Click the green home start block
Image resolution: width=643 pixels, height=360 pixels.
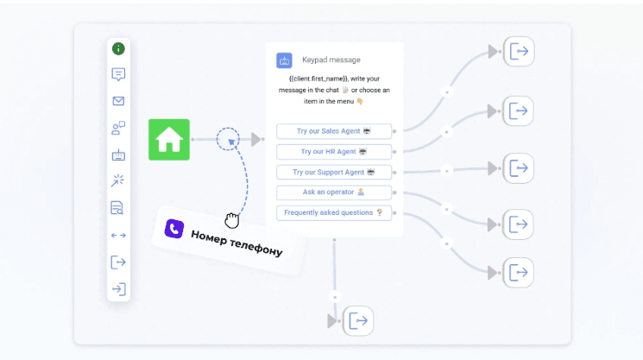click(169, 139)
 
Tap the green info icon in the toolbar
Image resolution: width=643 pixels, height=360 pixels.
click(118, 49)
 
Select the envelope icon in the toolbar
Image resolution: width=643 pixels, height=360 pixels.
click(118, 101)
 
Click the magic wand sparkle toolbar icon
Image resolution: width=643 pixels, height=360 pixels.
click(117, 180)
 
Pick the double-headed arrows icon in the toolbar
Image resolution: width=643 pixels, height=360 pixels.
click(118, 236)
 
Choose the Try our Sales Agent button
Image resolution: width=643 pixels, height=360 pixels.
click(334, 131)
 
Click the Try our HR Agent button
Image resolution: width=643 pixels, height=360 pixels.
click(334, 152)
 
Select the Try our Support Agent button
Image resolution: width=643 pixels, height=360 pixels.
click(334, 172)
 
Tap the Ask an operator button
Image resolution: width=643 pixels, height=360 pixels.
click(334, 193)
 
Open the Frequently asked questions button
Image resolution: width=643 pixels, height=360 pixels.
click(334, 212)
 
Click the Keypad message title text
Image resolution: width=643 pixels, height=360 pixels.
click(331, 60)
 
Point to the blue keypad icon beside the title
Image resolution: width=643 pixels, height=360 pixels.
click(284, 60)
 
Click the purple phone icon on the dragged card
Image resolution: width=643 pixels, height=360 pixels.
click(174, 229)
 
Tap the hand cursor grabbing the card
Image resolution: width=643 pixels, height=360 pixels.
click(231, 221)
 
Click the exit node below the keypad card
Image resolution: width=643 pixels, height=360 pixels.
click(358, 321)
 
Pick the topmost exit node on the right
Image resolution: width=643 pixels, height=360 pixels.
click(519, 52)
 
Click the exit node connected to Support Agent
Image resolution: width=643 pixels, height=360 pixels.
click(519, 168)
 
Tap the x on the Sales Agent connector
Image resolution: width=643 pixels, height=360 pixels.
click(447, 92)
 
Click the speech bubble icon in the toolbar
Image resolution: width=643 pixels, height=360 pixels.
click(118, 74)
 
